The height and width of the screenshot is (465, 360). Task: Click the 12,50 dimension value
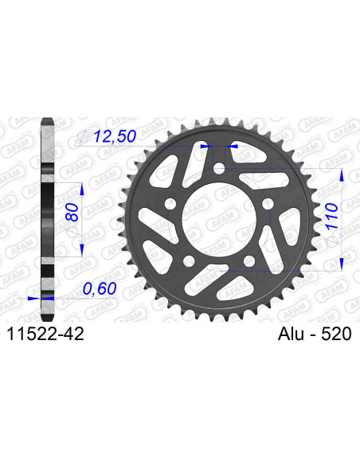coord(115,136)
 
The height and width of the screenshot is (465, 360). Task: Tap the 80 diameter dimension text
coord(72,213)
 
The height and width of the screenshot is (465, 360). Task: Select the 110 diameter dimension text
coord(331,216)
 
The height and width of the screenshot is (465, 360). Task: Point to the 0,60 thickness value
coord(100,288)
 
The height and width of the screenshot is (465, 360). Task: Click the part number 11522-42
coord(45,334)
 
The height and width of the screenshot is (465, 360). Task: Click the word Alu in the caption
coord(291,334)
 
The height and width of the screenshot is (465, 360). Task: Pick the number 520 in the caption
coord(336,334)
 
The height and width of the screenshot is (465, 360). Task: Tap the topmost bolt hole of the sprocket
coord(219,167)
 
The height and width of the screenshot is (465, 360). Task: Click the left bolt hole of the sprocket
coord(170,204)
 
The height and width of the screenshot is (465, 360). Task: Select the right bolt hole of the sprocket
coord(268,204)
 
